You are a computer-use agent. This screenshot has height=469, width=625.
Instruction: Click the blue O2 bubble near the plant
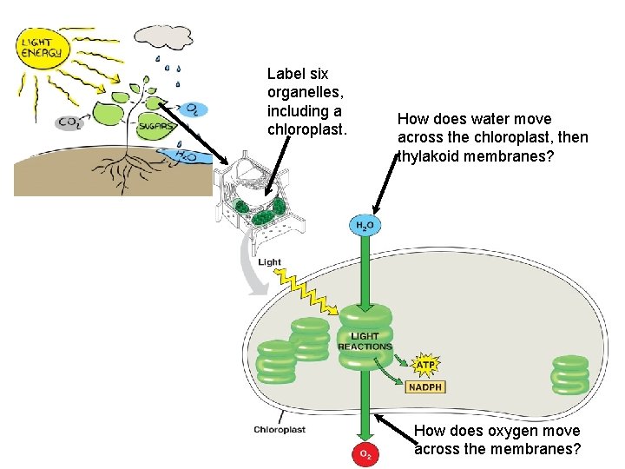pos(196,109)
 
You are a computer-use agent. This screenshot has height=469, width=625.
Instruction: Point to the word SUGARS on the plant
pos(157,127)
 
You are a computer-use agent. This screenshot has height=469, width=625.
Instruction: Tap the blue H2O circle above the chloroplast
pos(365,226)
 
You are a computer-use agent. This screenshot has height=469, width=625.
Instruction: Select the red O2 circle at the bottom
pos(365,453)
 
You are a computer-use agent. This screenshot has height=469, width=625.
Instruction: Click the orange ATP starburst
pos(425,363)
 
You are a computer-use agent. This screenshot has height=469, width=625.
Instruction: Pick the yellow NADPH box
pos(425,386)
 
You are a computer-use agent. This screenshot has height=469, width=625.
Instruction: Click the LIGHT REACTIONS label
pos(365,341)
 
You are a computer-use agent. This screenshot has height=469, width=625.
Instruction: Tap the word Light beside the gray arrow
pos(270,261)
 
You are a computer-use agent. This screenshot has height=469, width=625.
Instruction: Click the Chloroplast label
pos(280,429)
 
